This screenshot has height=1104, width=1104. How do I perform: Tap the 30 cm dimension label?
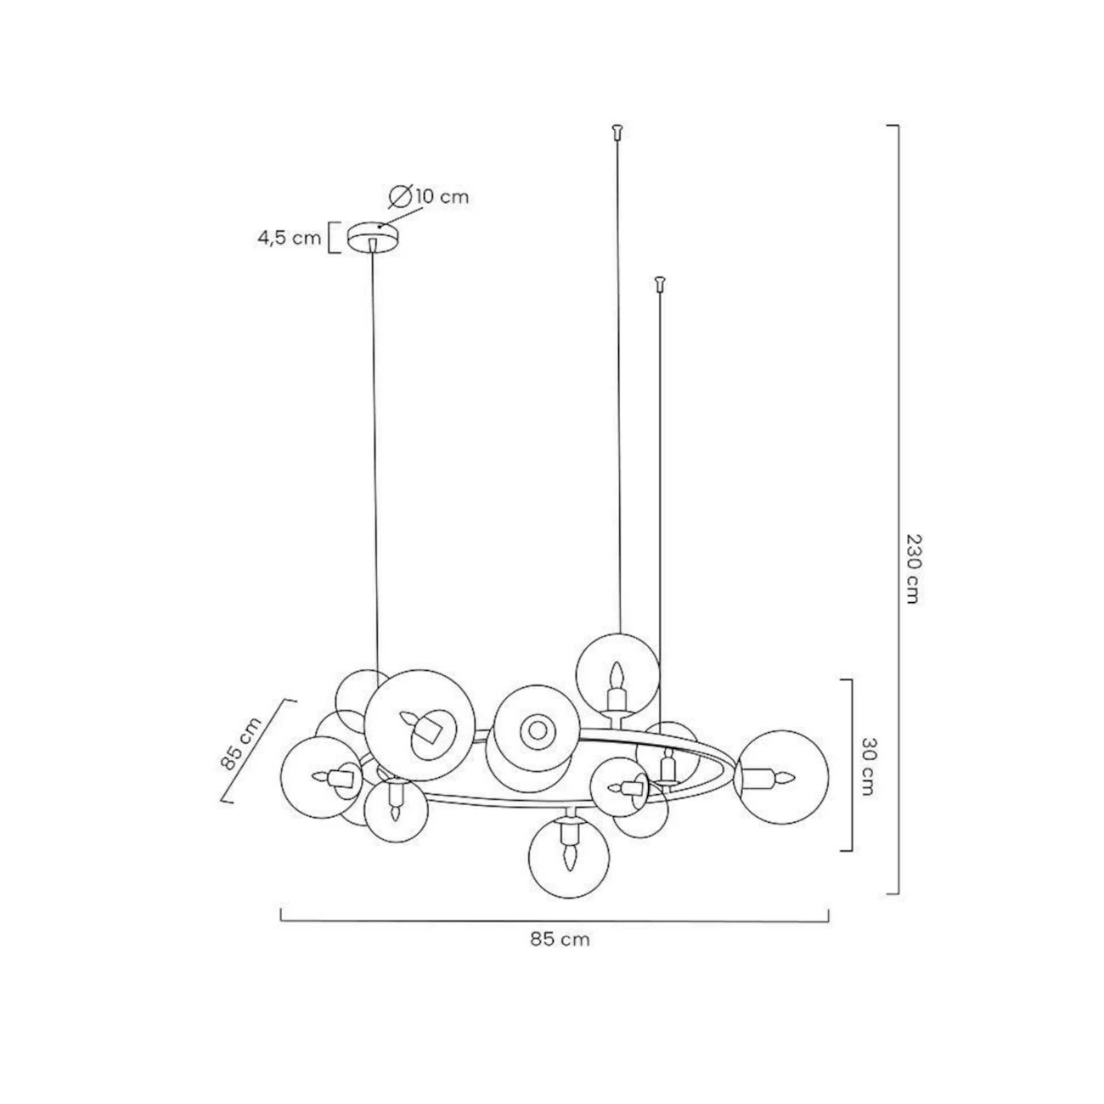point(867,766)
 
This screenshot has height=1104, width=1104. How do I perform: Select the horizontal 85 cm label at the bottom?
point(560,939)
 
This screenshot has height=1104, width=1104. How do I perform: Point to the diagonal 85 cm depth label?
point(240,742)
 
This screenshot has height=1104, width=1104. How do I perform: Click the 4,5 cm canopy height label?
point(290,238)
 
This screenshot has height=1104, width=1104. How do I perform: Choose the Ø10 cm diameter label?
point(429,196)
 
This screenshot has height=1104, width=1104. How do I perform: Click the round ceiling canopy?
point(373,235)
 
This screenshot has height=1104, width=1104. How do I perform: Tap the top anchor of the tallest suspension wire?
point(617,131)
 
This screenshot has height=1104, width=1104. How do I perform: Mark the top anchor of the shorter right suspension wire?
point(659,283)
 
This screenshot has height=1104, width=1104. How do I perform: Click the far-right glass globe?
point(781,777)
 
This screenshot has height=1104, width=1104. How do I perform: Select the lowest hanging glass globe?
point(568,858)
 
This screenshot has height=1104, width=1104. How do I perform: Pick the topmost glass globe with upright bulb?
point(617,675)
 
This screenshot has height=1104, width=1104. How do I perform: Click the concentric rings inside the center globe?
point(538,730)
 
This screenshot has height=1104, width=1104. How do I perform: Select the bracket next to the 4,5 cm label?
point(334,238)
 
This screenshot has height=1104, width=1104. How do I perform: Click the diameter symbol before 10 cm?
point(400,196)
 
